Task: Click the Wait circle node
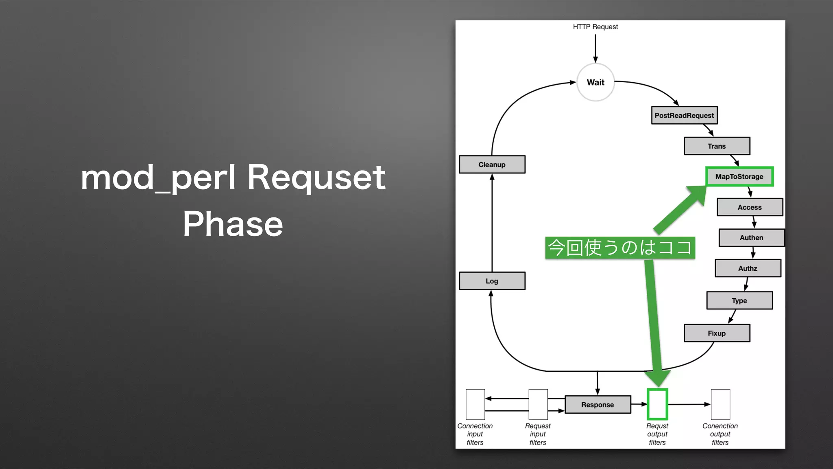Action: (595, 82)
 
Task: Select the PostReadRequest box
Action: (684, 115)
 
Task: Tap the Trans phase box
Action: (717, 146)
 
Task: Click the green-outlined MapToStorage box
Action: (739, 177)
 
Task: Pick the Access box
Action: (750, 207)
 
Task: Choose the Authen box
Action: (751, 238)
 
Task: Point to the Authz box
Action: (748, 268)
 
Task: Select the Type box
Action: (739, 300)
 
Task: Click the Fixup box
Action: (717, 333)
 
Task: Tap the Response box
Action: (597, 405)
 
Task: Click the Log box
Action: (492, 281)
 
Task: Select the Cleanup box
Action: (492, 164)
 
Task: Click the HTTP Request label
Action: (595, 27)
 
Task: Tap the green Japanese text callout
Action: (620, 248)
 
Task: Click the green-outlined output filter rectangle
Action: (657, 404)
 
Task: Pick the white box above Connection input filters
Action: (475, 404)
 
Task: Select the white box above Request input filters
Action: (538, 404)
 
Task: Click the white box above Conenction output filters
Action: (720, 404)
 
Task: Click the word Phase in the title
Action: (233, 224)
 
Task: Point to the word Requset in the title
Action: (316, 178)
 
